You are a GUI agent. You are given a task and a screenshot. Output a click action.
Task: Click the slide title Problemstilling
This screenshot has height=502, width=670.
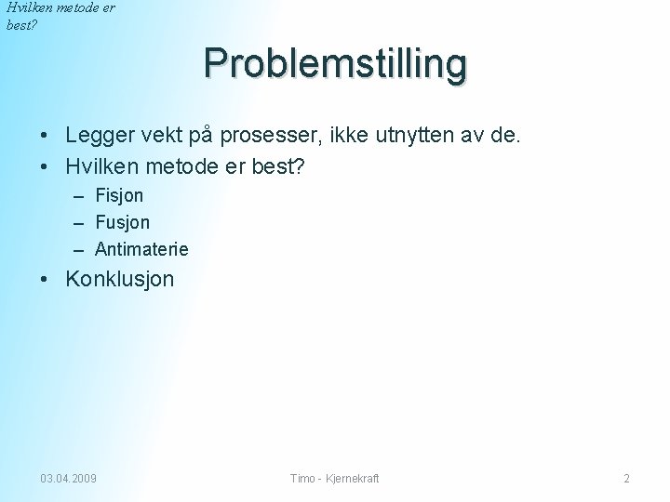coord(336,64)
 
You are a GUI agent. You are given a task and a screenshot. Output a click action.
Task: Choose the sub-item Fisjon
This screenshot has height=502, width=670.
coord(119,196)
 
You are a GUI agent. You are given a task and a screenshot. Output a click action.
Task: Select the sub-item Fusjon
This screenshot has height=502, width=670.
coord(122,223)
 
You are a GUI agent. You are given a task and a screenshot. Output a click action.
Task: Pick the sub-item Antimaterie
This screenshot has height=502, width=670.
coord(141,249)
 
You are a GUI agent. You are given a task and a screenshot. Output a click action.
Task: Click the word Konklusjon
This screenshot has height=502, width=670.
coord(119,279)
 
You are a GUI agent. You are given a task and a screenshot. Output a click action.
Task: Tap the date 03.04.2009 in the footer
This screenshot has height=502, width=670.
coord(68,479)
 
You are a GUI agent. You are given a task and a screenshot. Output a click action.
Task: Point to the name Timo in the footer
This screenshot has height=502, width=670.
coord(302,479)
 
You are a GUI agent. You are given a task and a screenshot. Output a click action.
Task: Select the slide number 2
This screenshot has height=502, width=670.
coord(626,479)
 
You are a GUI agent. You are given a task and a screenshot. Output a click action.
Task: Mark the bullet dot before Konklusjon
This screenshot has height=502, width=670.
coord(46,280)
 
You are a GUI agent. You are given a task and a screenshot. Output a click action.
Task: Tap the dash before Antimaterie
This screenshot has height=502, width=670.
coord(76,250)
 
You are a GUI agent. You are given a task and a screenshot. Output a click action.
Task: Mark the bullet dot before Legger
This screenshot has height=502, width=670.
coord(46,137)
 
